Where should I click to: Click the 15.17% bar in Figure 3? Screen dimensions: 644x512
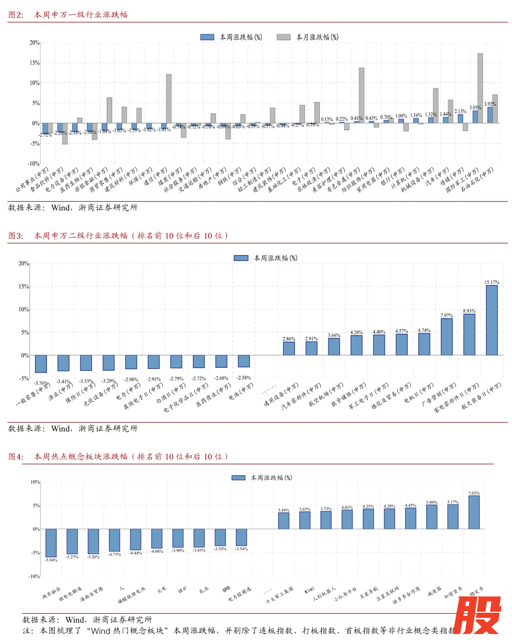[x=492, y=320]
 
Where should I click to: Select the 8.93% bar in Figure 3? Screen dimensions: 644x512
[x=469, y=334]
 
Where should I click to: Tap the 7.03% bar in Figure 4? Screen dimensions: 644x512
[x=474, y=512]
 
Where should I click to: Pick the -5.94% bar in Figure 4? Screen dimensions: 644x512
[x=51, y=543]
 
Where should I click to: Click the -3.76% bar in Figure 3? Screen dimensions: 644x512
[x=41, y=364]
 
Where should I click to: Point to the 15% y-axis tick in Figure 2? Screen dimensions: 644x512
[x=34, y=63]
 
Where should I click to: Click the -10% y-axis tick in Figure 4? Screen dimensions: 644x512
[x=34, y=576]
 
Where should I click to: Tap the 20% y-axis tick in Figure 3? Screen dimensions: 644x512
[x=24, y=264]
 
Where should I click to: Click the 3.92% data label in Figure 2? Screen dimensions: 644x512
[x=490, y=104]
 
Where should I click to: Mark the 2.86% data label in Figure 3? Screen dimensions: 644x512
[x=289, y=339]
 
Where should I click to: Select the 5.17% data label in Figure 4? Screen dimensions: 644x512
[x=453, y=502]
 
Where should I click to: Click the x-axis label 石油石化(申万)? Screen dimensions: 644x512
[x=478, y=180]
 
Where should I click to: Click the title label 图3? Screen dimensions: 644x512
[x=16, y=236]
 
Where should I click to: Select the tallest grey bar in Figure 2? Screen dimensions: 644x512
[x=480, y=88]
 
